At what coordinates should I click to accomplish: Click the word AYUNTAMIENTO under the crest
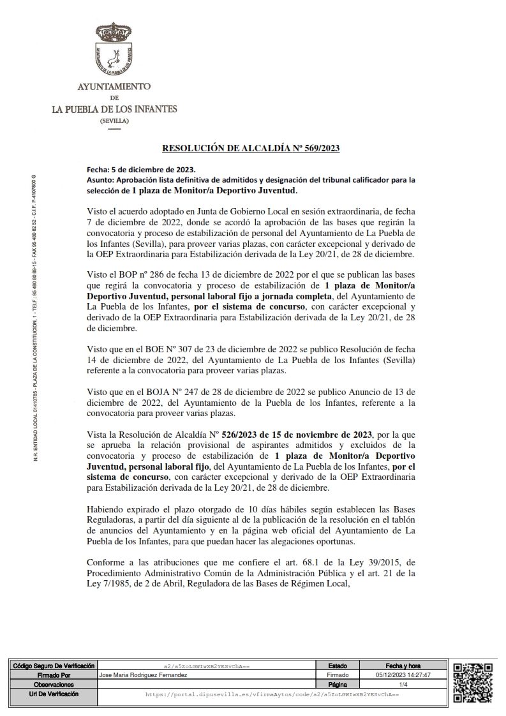[x=114, y=86]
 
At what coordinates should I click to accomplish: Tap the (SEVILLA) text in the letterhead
[x=114, y=121]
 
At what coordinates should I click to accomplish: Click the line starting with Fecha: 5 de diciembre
[x=140, y=171]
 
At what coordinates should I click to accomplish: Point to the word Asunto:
[x=100, y=181]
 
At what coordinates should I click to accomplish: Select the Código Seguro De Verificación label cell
[x=54, y=666]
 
